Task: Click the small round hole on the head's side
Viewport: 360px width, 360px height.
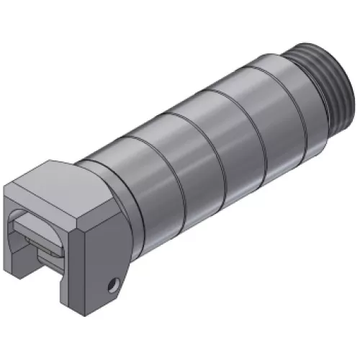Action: pyautogui.click(x=111, y=287)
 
